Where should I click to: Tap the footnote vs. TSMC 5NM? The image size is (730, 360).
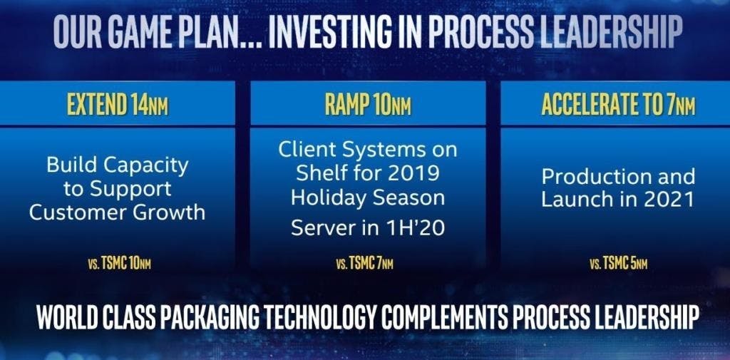[x=618, y=264]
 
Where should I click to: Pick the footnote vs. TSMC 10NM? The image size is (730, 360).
[x=120, y=264]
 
